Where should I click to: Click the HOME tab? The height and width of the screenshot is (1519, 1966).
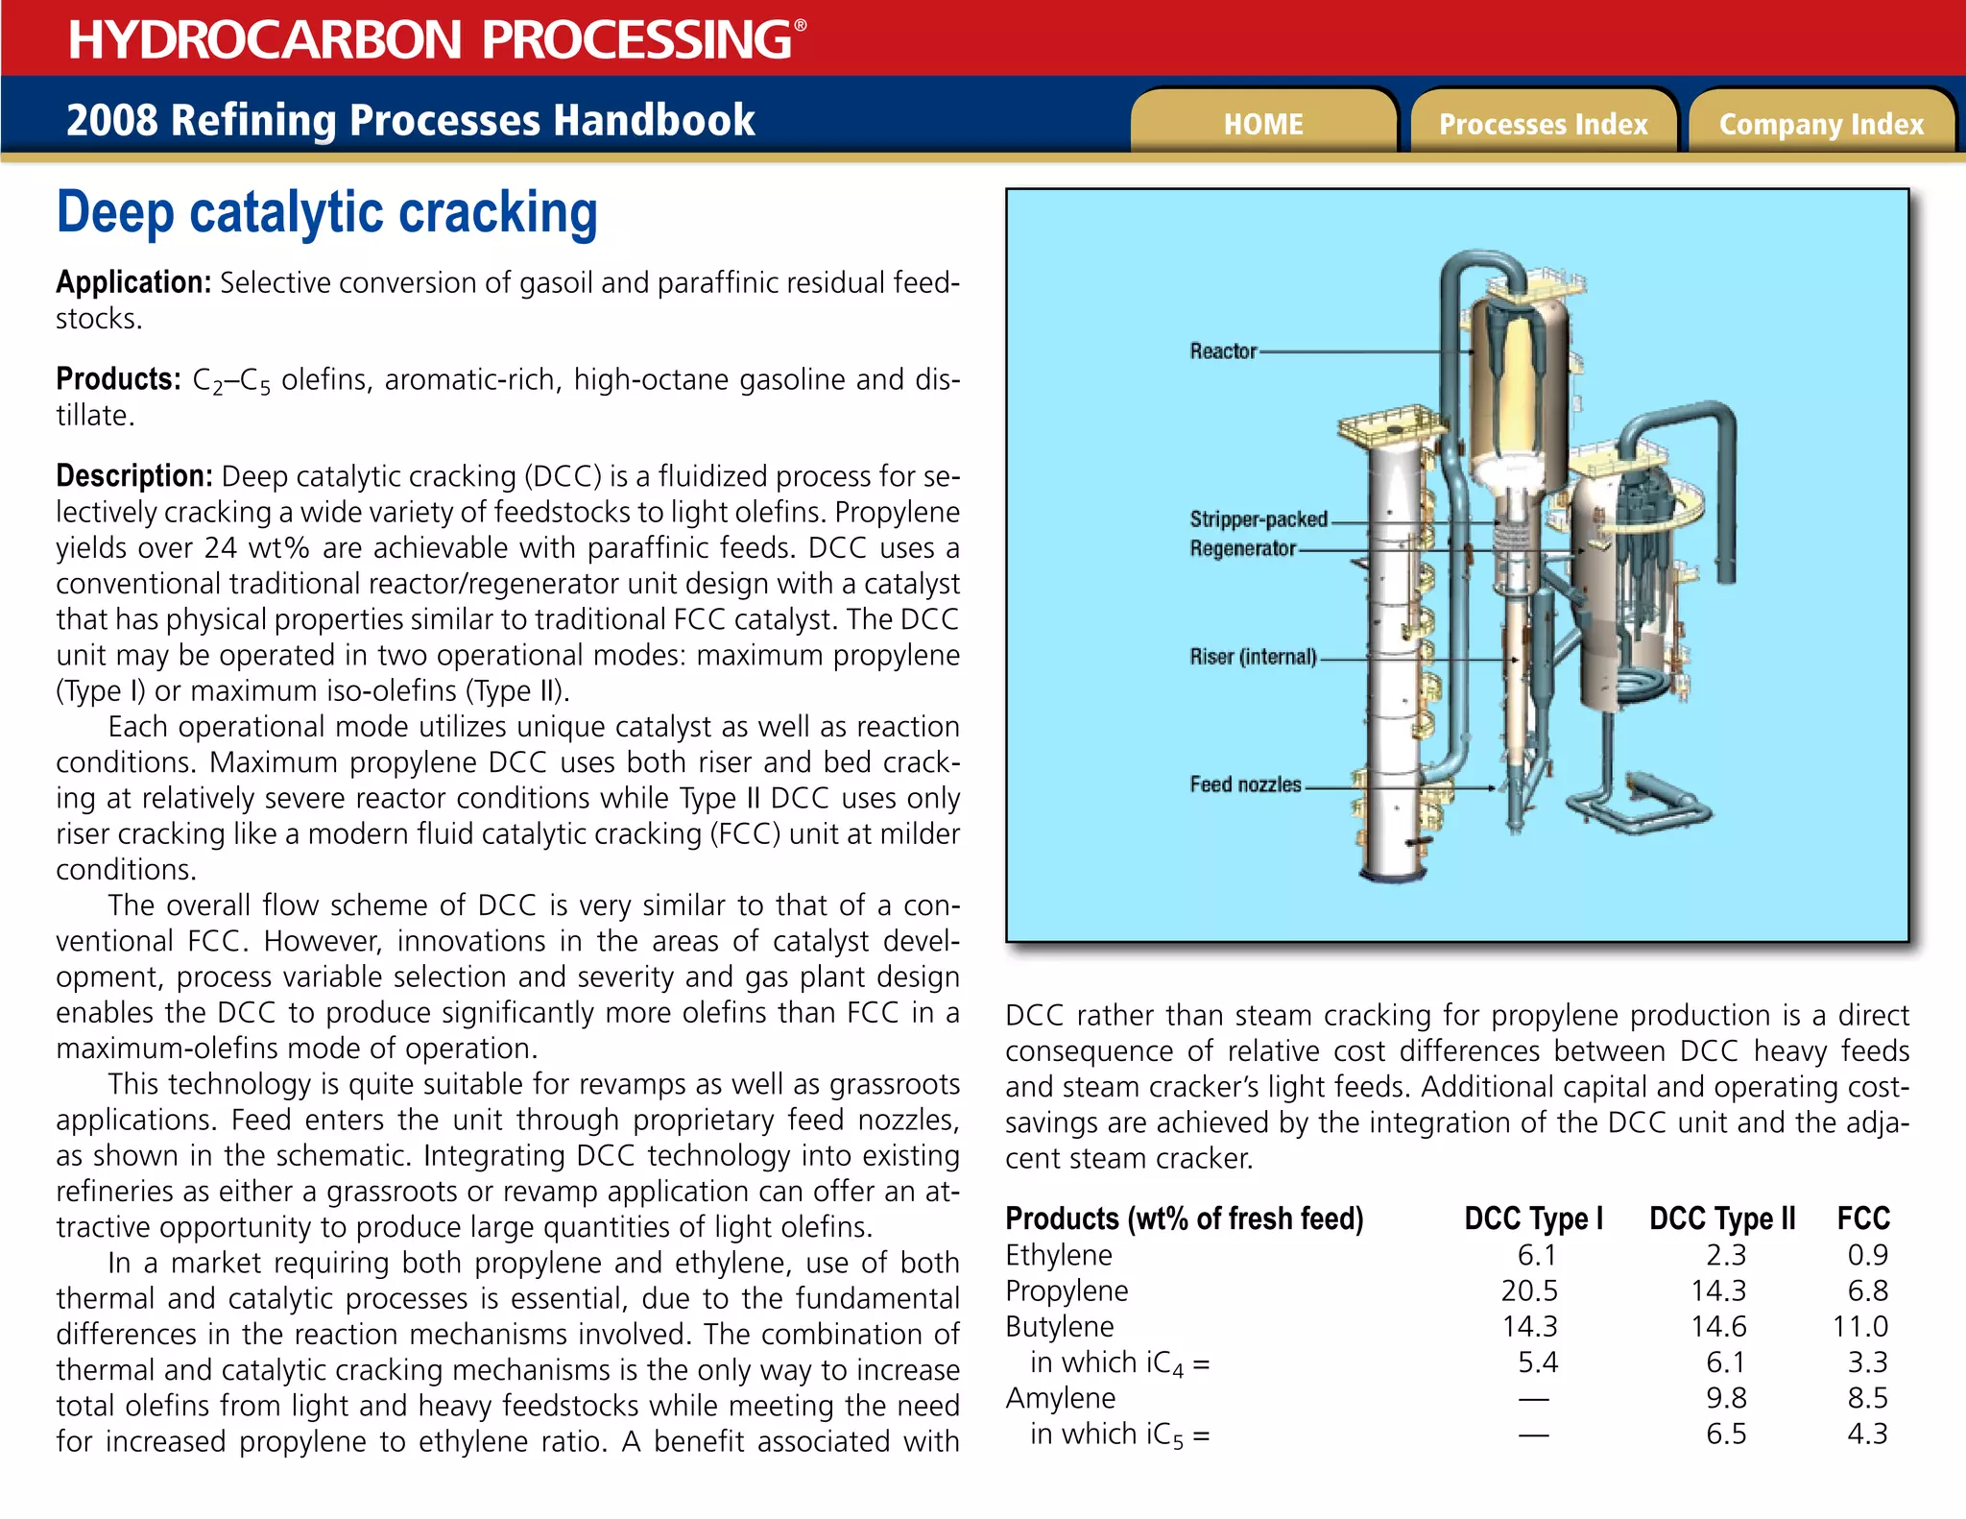point(1262,124)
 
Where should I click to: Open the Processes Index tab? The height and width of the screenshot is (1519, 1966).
point(1543,124)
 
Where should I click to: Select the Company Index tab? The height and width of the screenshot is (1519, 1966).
point(1821,124)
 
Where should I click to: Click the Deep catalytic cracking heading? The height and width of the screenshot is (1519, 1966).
point(326,212)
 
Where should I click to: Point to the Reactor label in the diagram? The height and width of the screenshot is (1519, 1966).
point(1223,351)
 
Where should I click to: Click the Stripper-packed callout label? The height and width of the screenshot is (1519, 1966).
point(1259,519)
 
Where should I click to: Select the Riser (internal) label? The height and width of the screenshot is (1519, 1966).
point(1253,657)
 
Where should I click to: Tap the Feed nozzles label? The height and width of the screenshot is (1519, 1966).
point(1245,784)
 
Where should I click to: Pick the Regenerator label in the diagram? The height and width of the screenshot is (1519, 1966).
point(1242,548)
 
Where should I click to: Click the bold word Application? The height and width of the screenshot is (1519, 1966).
point(133,282)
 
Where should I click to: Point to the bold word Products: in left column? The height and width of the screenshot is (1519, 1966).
point(118,379)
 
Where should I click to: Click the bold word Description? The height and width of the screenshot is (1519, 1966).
point(134,476)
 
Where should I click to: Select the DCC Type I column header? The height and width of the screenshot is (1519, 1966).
point(1533,1218)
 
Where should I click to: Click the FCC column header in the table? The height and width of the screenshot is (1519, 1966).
point(1862,1218)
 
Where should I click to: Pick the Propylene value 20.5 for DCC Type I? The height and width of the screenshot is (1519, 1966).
point(1529,1290)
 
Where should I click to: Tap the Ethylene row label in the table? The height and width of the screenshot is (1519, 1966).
point(1059,1255)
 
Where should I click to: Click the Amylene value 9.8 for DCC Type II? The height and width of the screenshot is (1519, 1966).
point(1726,1398)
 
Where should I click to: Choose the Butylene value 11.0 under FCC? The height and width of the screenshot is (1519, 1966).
point(1859,1327)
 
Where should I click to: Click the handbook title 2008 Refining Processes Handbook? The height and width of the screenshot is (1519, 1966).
point(410,121)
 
